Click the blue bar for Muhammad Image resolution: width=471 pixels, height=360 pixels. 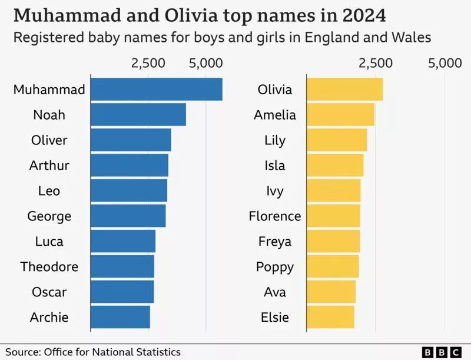click(x=156, y=90)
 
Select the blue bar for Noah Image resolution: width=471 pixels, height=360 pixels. click(x=138, y=114)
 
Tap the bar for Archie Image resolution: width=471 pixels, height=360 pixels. click(x=120, y=317)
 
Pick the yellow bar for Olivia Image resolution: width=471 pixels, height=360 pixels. click(x=344, y=90)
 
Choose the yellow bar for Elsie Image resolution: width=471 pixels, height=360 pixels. click(x=330, y=317)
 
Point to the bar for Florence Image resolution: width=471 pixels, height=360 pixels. click(x=333, y=216)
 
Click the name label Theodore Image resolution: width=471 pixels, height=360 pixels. click(x=49, y=266)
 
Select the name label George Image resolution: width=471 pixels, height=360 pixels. click(x=49, y=216)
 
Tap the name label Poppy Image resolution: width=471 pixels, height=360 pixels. click(x=274, y=266)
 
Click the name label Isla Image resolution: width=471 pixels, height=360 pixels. click(x=274, y=165)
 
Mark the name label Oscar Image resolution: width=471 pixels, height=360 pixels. click(x=49, y=292)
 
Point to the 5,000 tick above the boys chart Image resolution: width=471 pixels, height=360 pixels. click(x=206, y=64)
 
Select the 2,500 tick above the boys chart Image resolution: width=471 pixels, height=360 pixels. click(x=148, y=64)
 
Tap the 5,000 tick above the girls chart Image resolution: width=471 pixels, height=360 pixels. click(x=445, y=64)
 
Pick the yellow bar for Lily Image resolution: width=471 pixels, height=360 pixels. click(x=336, y=140)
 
